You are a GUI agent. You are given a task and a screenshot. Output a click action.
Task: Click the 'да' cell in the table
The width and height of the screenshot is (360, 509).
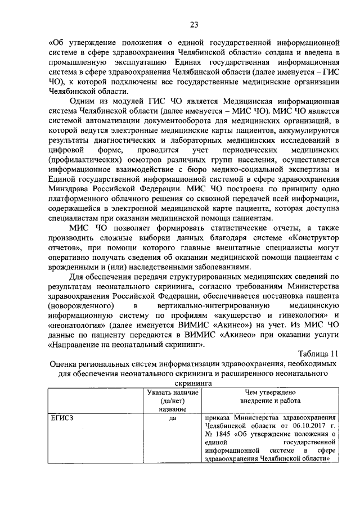pyautogui.click(x=173, y=418)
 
